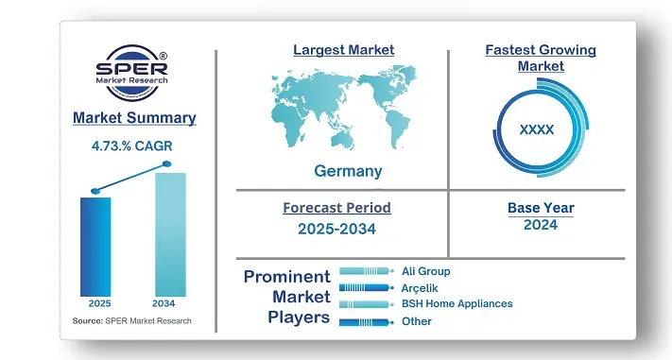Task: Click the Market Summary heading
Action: (134, 118)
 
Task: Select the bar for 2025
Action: (95, 246)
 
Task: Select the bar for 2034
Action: (170, 234)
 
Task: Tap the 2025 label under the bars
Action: (97, 304)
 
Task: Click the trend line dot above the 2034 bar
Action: (167, 164)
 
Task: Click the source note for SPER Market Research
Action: (131, 321)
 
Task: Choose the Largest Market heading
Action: (343, 50)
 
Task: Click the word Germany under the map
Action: (349, 171)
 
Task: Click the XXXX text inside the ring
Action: (537, 129)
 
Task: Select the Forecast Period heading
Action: (336, 208)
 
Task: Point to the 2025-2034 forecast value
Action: (336, 228)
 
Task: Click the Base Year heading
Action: (540, 208)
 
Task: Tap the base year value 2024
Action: (540, 225)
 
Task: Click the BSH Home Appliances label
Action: (457, 303)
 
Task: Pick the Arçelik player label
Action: (420, 287)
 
